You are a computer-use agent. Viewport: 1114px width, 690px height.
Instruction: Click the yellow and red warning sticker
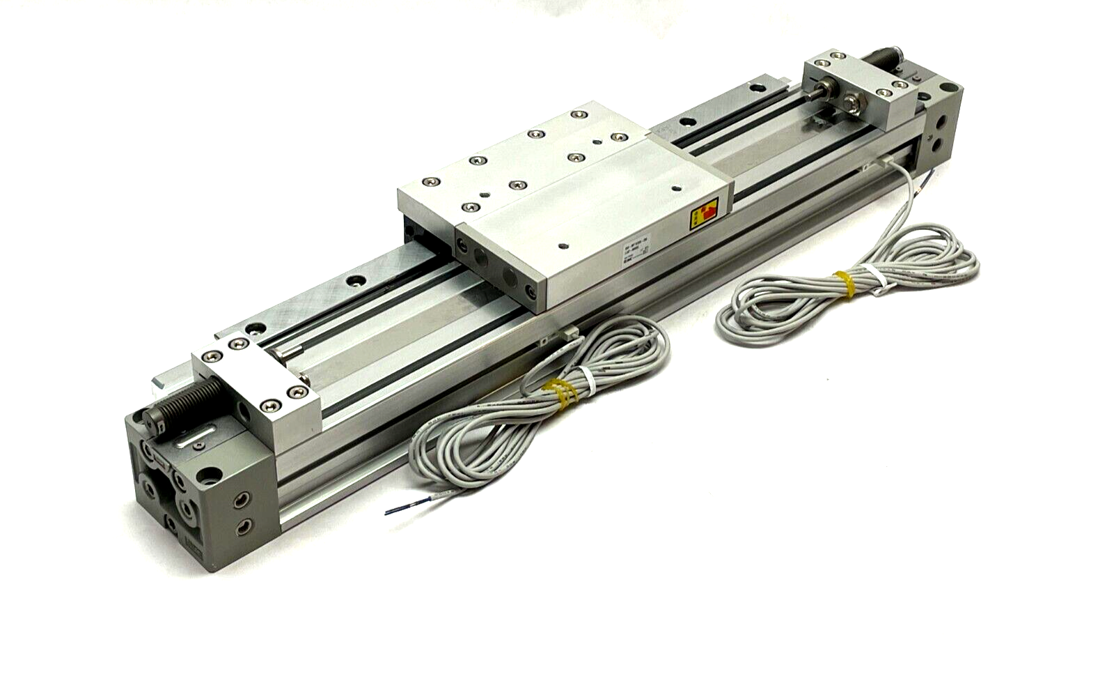tap(704, 213)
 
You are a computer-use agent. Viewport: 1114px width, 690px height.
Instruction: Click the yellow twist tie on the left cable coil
tap(561, 392)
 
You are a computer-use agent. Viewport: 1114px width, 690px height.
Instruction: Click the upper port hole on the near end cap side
tap(242, 498)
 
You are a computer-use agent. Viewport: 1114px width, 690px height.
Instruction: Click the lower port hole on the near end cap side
tap(242, 527)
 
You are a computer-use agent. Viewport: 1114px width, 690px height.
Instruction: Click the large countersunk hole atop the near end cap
tap(206, 477)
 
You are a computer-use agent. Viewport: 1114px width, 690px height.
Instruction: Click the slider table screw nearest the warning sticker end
tap(676, 188)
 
